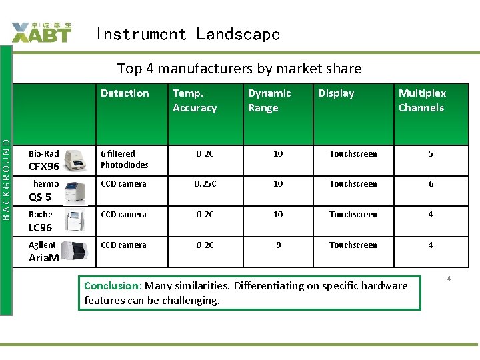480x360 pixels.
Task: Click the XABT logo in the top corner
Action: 41,32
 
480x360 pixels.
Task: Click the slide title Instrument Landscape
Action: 187,34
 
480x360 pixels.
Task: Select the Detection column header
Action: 125,93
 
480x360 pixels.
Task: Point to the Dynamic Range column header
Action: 269,101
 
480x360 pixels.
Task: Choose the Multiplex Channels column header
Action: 422,101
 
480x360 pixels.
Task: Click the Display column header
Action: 336,93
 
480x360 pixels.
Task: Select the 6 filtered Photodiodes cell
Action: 125,159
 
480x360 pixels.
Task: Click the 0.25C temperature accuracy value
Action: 205,184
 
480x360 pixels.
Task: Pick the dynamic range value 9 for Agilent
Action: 278,245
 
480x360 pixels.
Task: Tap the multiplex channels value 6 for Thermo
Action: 431,184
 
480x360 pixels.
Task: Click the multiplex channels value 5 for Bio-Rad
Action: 431,154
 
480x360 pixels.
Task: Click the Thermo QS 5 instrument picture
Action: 75,191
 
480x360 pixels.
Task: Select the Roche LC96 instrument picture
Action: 75,221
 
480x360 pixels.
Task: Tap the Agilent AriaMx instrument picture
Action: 75,251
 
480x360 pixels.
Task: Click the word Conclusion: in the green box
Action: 113,286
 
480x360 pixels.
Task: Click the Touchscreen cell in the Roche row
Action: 353,215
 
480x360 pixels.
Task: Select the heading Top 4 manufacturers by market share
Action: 239,69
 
